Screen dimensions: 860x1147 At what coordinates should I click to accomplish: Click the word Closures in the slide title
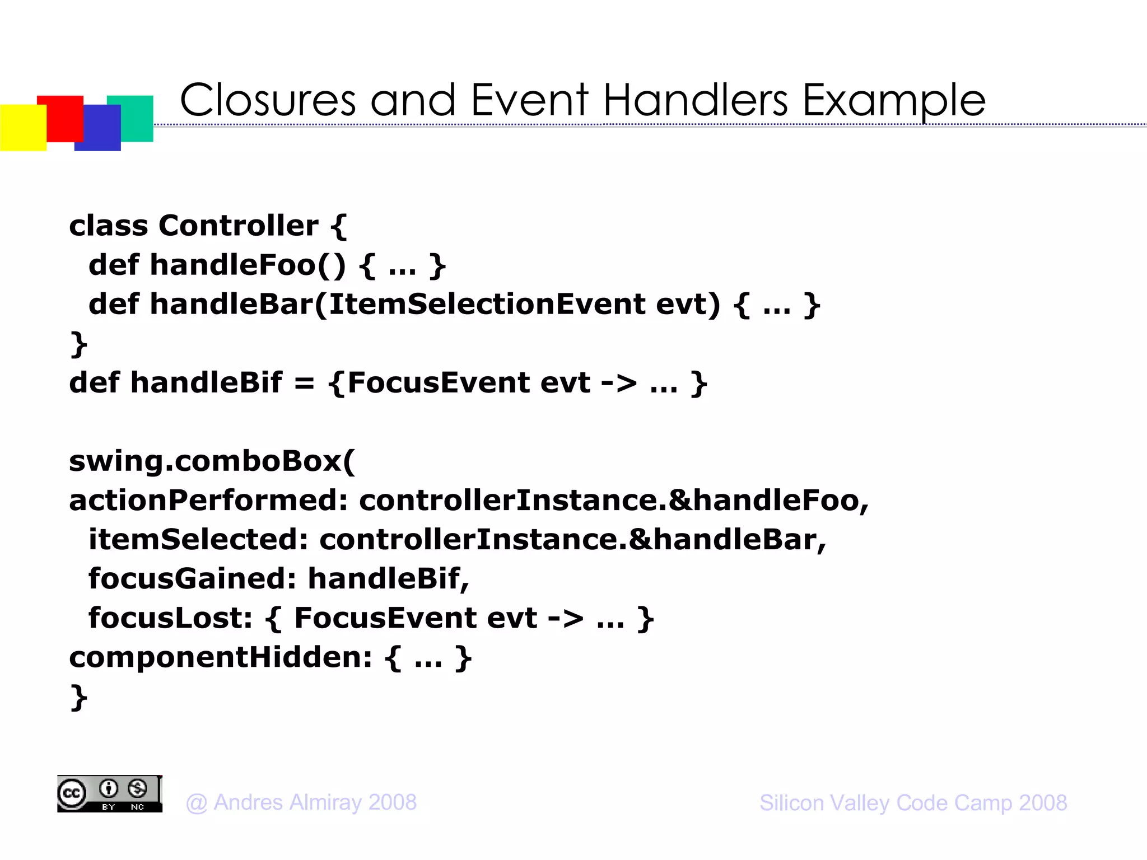(268, 101)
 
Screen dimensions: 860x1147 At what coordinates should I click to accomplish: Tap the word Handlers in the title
(696, 101)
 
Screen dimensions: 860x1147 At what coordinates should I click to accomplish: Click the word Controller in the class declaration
(238, 226)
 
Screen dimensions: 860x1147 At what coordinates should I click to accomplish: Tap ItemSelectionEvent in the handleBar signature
(486, 304)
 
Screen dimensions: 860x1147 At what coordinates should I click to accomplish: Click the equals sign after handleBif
(304, 384)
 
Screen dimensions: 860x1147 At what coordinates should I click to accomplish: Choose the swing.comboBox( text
(212, 461)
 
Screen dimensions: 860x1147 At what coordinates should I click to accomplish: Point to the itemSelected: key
(198, 540)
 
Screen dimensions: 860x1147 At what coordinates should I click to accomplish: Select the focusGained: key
(192, 579)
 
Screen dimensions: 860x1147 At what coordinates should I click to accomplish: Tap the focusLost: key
(170, 618)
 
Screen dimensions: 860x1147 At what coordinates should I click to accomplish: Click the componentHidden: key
(220, 657)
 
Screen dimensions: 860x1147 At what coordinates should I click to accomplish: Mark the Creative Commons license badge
(110, 794)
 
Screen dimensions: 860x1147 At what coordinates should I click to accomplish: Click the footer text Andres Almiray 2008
(315, 803)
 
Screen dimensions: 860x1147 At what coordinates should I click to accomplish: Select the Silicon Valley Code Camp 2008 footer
(913, 803)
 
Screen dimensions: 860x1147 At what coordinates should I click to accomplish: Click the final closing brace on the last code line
(78, 698)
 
